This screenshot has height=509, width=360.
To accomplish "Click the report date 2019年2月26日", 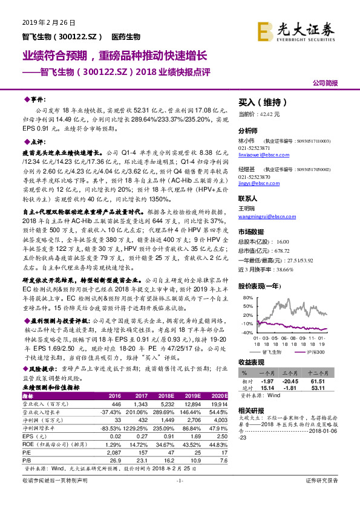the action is click(x=44, y=23).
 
